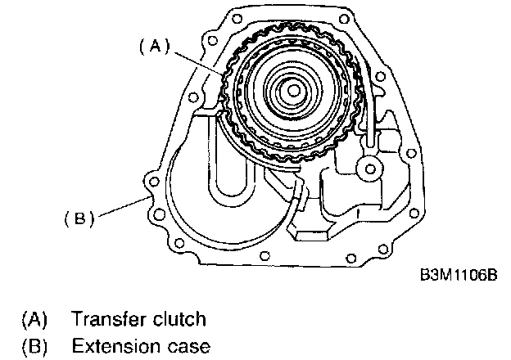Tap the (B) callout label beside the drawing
pyautogui.click(x=79, y=218)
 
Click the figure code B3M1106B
pyautogui.click(x=458, y=276)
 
